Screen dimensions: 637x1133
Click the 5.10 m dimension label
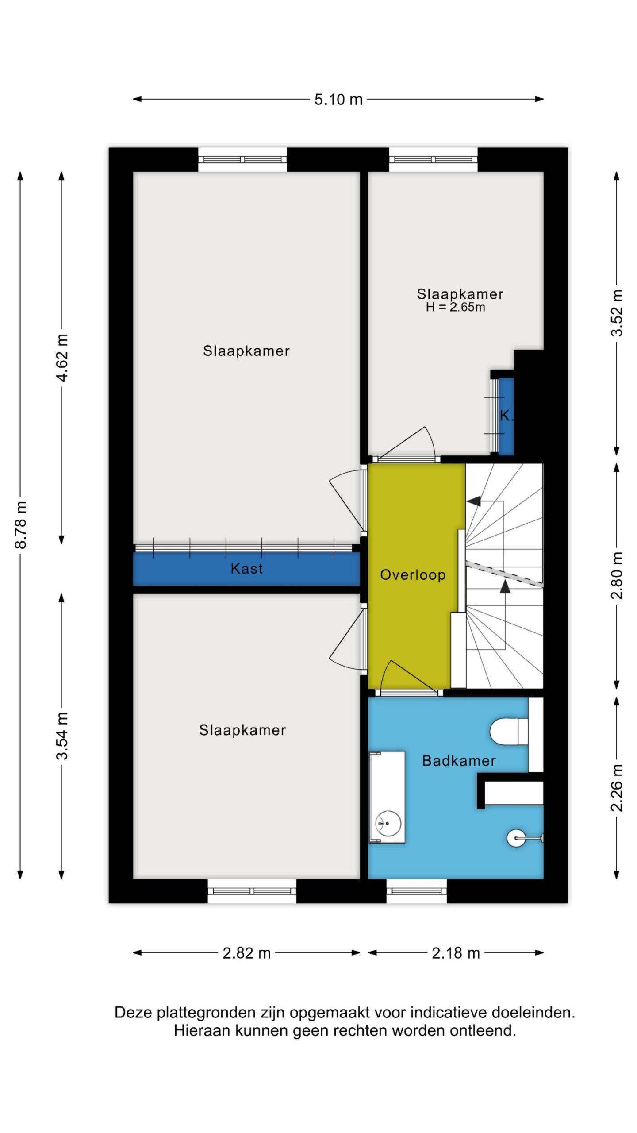click(x=338, y=100)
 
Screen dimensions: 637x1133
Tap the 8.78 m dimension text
click(x=21, y=525)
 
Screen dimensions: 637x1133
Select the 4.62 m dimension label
click(x=62, y=358)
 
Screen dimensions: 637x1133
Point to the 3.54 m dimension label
click(x=62, y=736)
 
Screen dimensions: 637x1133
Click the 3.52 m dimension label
click(x=617, y=313)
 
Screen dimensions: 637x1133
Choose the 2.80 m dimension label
click(x=617, y=575)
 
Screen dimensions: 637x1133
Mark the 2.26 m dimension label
click(x=617, y=788)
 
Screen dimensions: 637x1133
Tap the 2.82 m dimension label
click(x=246, y=953)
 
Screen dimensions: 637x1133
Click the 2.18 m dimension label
click(x=456, y=953)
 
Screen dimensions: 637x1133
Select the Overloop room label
click(x=413, y=575)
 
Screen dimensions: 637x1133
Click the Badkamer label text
click(x=459, y=761)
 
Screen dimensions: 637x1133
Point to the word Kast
click(x=246, y=569)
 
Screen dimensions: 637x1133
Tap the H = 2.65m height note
click(x=455, y=307)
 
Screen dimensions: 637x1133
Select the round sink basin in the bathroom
click(x=388, y=824)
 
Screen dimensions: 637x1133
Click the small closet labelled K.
click(x=506, y=416)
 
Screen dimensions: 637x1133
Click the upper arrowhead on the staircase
click(x=474, y=501)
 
